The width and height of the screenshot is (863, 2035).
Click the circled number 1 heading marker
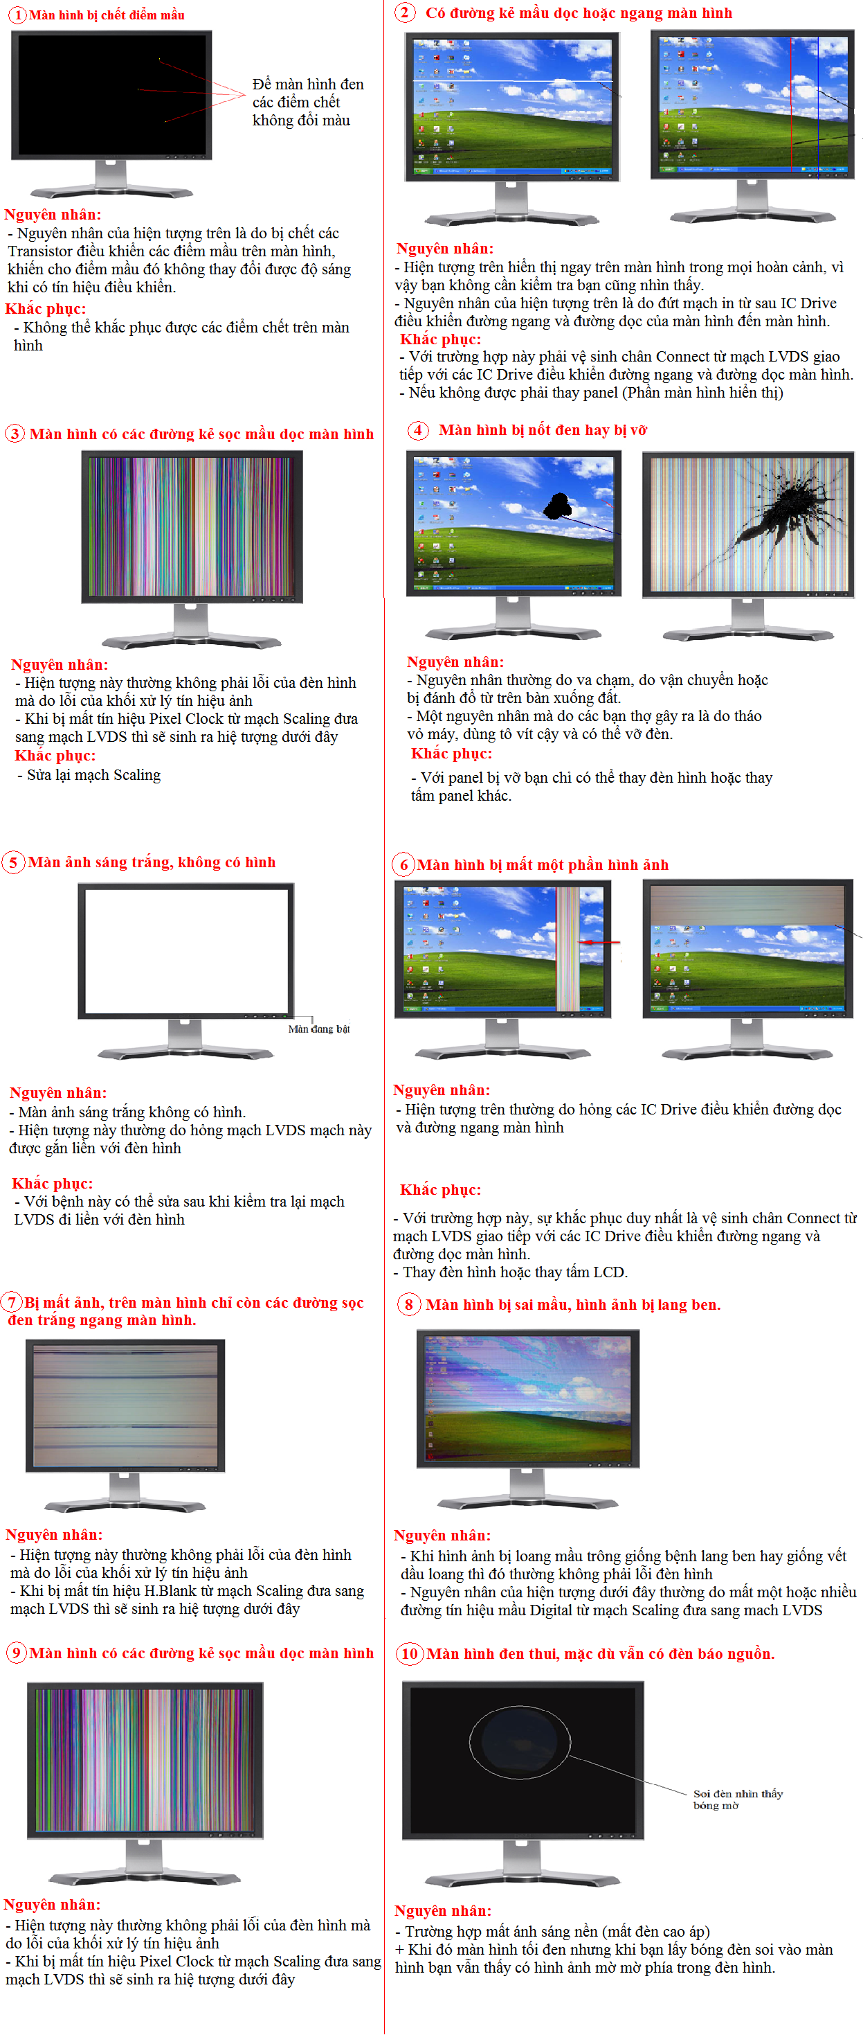pyautogui.click(x=17, y=15)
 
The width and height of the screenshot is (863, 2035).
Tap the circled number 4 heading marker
pyautogui.click(x=419, y=429)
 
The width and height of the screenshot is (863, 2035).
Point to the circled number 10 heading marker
pyautogui.click(x=410, y=1653)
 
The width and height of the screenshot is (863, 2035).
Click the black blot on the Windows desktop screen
pyautogui.click(x=558, y=506)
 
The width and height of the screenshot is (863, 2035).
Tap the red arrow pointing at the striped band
pyautogui.click(x=600, y=942)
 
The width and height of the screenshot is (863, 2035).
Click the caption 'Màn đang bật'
pyautogui.click(x=319, y=1029)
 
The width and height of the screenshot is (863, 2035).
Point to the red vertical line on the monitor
pyautogui.click(x=792, y=105)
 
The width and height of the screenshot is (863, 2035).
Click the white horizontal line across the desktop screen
pyautogui.click(x=511, y=80)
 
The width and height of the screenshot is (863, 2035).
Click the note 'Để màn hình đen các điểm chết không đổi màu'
pyautogui.click(x=308, y=102)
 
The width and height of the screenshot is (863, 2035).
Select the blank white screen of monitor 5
pyautogui.click(x=186, y=950)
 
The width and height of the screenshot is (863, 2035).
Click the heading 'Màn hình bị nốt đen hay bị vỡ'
pyautogui.click(x=543, y=429)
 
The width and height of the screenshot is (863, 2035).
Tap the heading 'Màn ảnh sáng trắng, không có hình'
pyautogui.click(x=152, y=862)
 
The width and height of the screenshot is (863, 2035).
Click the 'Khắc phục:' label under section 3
pyautogui.click(x=55, y=755)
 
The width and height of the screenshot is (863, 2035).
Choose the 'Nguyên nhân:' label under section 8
pyautogui.click(x=442, y=1535)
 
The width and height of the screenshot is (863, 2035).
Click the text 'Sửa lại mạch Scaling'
pyautogui.click(x=94, y=775)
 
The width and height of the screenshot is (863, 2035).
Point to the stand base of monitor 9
pyautogui.click(x=145, y=1877)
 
